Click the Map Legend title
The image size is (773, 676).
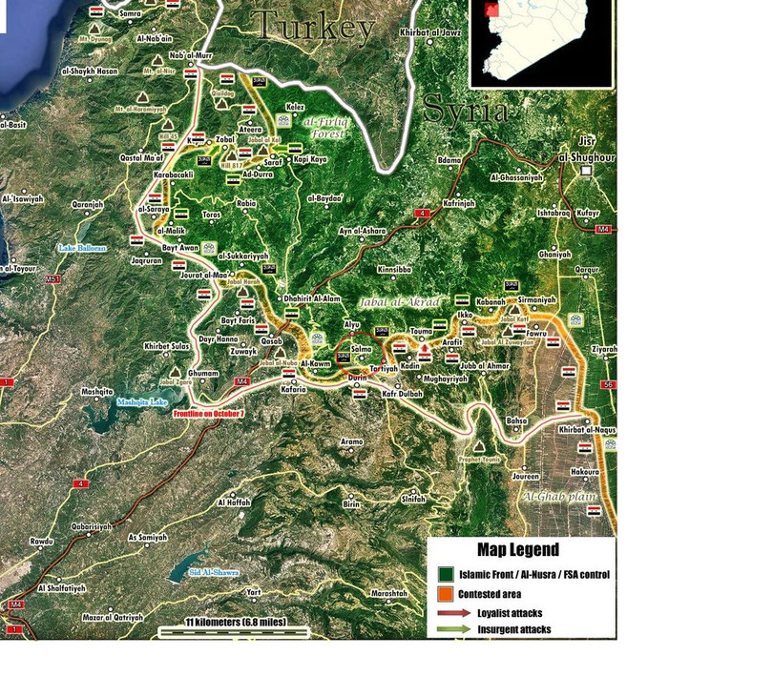click(517, 550)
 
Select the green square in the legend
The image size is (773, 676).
click(445, 575)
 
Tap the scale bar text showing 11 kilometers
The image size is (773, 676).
click(235, 623)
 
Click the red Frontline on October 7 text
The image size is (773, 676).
click(209, 414)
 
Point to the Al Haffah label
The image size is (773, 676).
click(233, 502)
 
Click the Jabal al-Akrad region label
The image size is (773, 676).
click(400, 302)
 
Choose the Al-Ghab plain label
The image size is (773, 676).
click(558, 497)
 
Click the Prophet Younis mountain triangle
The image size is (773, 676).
click(477, 445)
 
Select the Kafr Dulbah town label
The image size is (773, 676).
click(402, 393)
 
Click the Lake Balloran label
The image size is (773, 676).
click(82, 248)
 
